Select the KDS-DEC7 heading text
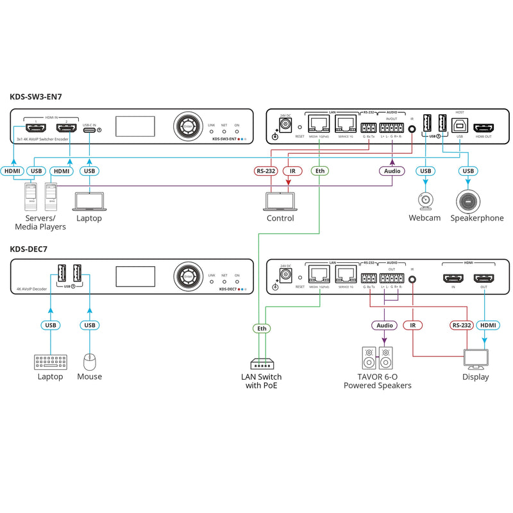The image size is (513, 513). tap(29, 249)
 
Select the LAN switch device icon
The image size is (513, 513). tap(261, 363)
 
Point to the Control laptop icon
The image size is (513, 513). tap(280, 201)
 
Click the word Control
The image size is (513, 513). tap(280, 218)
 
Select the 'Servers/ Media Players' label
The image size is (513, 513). tap(40, 223)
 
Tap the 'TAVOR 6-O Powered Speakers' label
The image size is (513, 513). tap(377, 381)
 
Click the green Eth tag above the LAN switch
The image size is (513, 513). tap(261, 328)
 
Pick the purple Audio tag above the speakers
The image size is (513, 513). tap(384, 326)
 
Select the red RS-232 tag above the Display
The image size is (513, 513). tap(461, 326)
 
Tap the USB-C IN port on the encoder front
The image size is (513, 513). tap(90, 130)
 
